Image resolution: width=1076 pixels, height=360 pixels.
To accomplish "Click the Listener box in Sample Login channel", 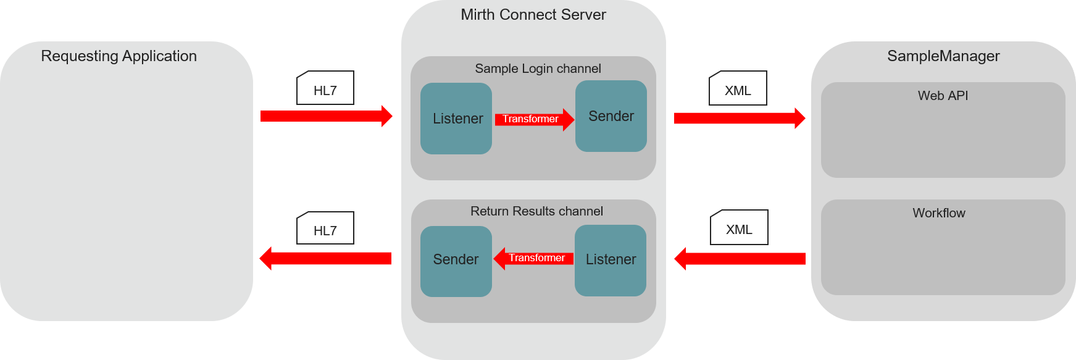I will pyautogui.click(x=456, y=119).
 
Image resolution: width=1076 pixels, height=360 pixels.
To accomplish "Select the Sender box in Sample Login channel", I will pyautogui.click(x=611, y=116).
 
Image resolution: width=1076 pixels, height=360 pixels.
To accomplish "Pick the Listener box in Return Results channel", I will pyautogui.click(x=611, y=260).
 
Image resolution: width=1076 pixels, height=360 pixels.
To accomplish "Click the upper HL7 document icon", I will pyautogui.click(x=325, y=88).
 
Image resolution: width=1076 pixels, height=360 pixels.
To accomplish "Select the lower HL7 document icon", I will pyautogui.click(x=325, y=228).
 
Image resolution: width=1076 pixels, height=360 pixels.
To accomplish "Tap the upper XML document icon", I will pyautogui.click(x=738, y=88).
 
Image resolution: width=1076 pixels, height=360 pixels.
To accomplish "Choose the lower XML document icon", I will pyautogui.click(x=739, y=228).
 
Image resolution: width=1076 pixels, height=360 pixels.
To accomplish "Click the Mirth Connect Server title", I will pyautogui.click(x=533, y=15).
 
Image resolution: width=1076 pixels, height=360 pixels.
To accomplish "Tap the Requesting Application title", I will pyautogui.click(x=119, y=56).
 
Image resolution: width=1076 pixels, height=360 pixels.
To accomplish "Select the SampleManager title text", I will pyautogui.click(x=943, y=56).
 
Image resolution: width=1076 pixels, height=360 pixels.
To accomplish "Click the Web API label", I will pyautogui.click(x=943, y=96).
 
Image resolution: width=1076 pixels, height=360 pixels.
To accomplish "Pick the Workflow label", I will pyautogui.click(x=939, y=213).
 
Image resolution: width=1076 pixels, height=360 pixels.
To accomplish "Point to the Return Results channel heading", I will pyautogui.click(x=536, y=211).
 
